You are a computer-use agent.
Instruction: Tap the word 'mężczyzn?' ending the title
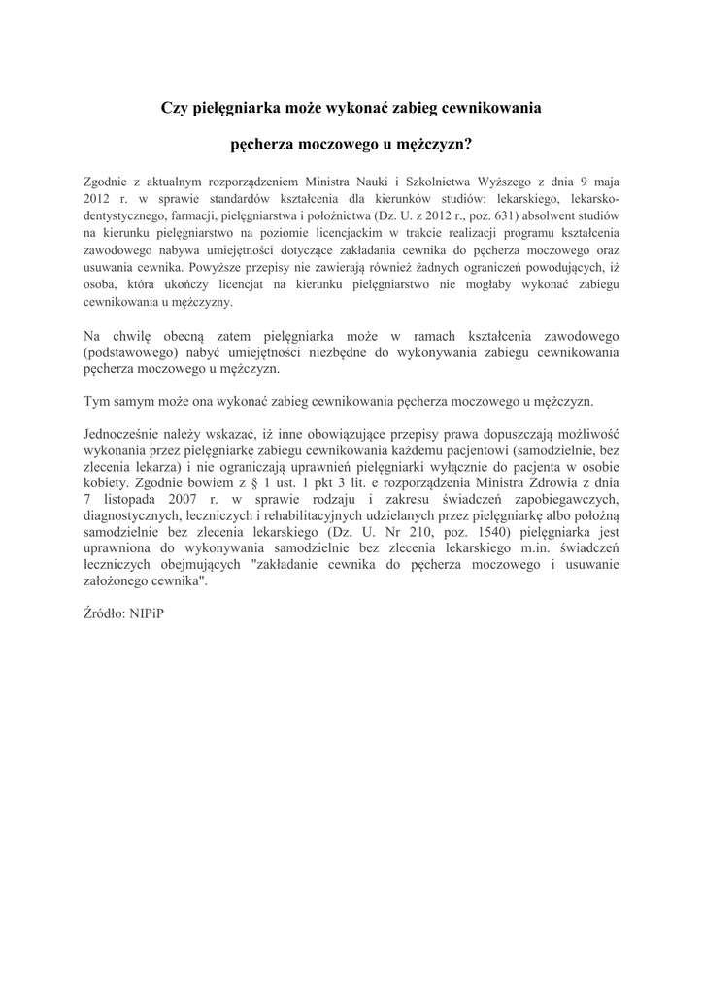[x=435, y=146]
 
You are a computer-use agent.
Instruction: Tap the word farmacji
[x=175, y=215]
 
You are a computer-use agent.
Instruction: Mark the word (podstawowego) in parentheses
[x=130, y=353]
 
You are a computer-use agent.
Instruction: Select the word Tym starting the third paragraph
[x=95, y=401]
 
